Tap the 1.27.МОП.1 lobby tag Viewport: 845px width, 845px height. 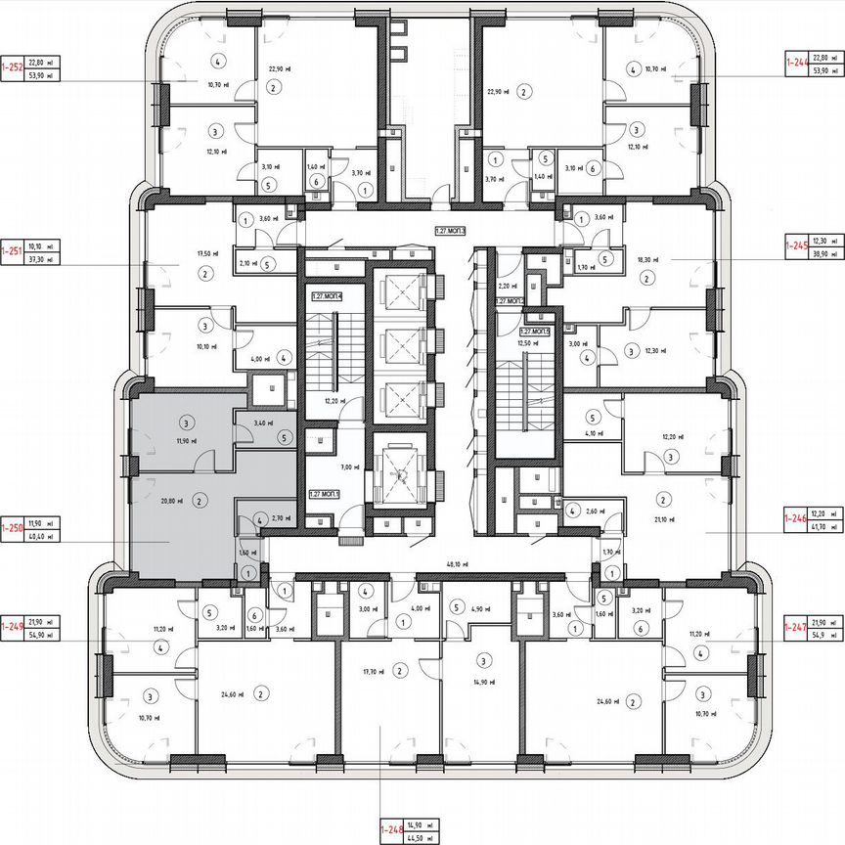(325, 495)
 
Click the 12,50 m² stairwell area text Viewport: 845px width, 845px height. (527, 342)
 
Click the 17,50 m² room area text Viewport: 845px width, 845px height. (177, 253)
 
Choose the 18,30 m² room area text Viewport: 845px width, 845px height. (647, 260)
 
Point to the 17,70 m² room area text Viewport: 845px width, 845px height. (371, 671)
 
